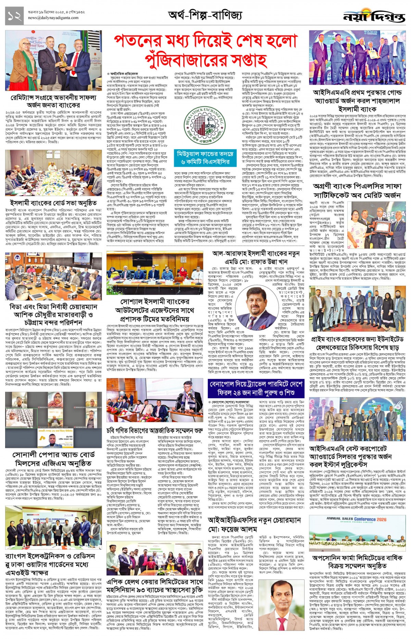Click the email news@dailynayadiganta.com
(53, 18)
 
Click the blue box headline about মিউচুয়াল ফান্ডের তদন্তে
(205, 158)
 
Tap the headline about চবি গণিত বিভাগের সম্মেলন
(154, 430)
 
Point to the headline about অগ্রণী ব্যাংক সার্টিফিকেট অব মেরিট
(357, 191)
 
